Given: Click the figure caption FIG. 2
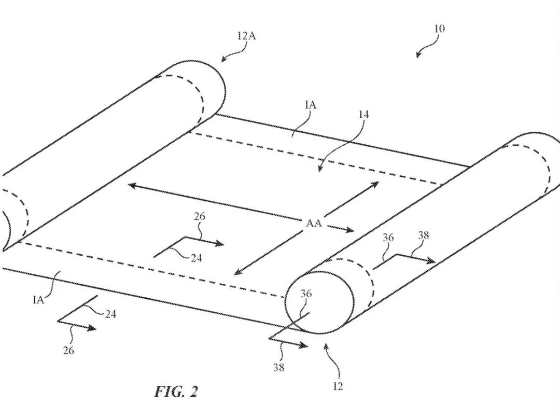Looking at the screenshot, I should tap(176, 391).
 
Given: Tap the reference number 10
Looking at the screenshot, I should tap(439, 29).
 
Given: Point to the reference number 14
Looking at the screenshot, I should tap(363, 115).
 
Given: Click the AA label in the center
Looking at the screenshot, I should tap(314, 224).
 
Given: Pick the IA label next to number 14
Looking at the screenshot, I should tap(311, 105).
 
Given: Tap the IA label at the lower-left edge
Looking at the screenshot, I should tap(38, 299).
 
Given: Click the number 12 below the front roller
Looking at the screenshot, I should tap(338, 386).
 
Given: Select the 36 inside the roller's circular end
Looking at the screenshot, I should tap(306, 294).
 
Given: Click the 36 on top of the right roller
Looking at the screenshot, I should tap(388, 238).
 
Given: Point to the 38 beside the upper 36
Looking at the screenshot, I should tap(423, 235).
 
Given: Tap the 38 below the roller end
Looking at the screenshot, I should tap(278, 368).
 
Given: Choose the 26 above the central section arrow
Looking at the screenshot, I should tap(199, 217).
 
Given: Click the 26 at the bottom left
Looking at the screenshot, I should tap(68, 351).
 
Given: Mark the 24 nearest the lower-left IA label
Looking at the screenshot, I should tap(110, 314).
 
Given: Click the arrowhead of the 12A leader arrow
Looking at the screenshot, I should tap(222, 61).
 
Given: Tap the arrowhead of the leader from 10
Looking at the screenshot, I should tap(418, 57).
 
